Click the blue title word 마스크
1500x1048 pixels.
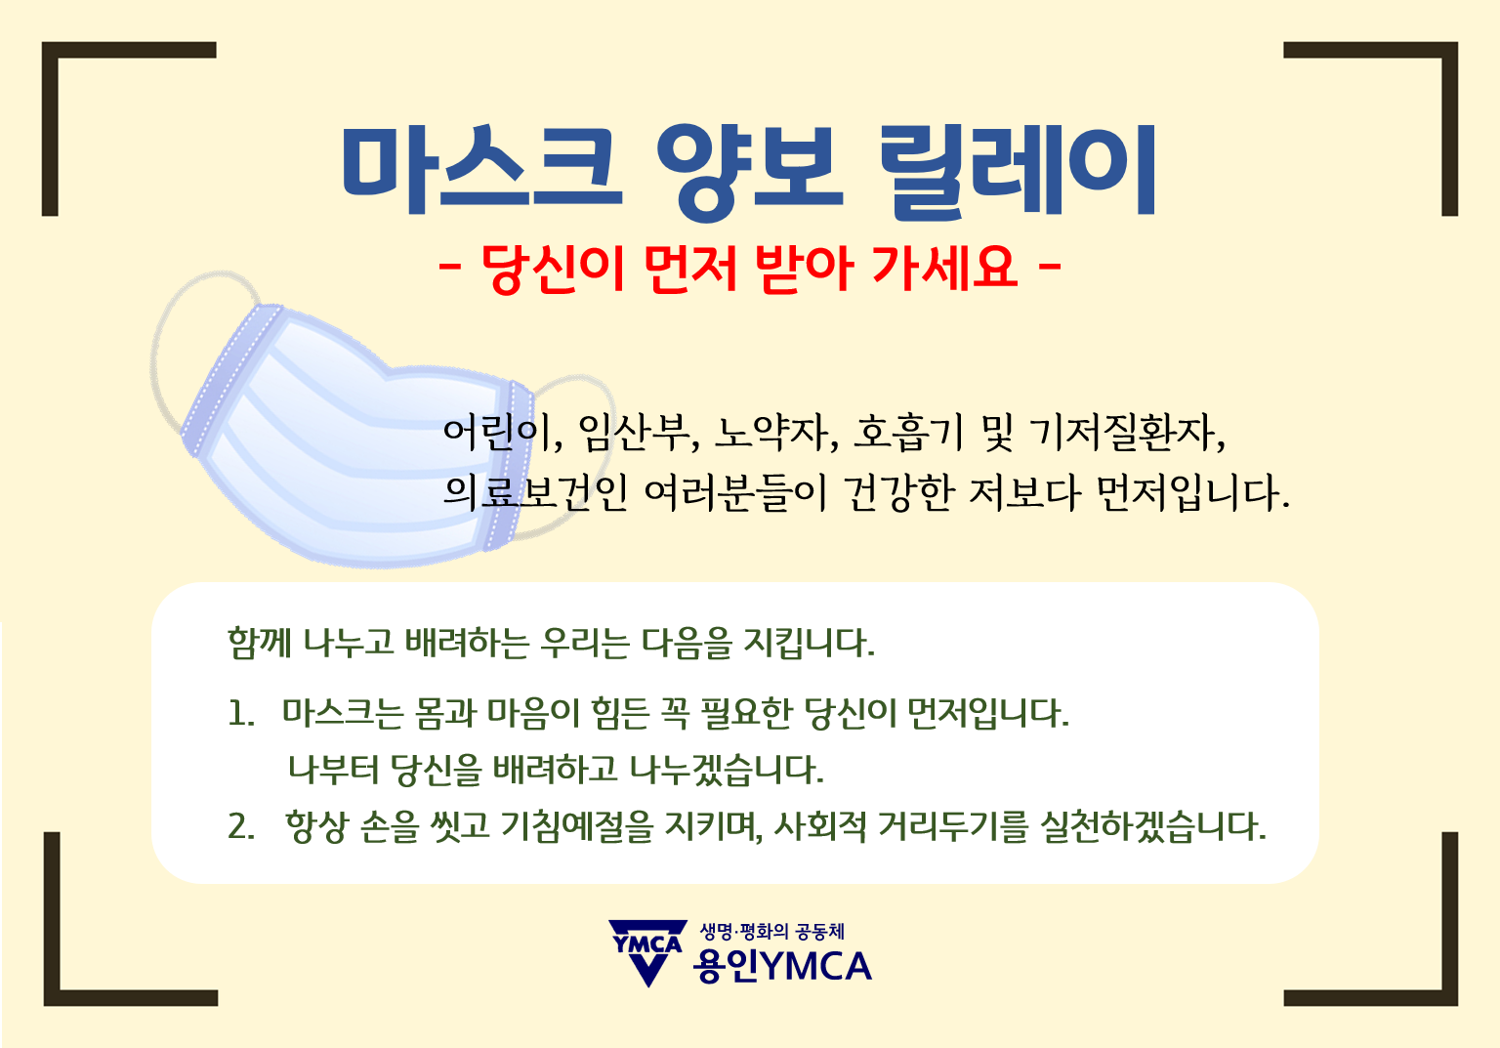coord(481,169)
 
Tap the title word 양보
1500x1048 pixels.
coord(749,172)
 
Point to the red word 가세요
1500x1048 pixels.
coord(945,268)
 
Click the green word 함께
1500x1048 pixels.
coord(260,643)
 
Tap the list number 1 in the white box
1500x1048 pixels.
coord(240,713)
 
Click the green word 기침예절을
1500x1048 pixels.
coord(577,826)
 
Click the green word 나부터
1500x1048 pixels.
coord(333,770)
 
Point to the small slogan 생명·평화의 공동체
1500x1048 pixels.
coord(772,932)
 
